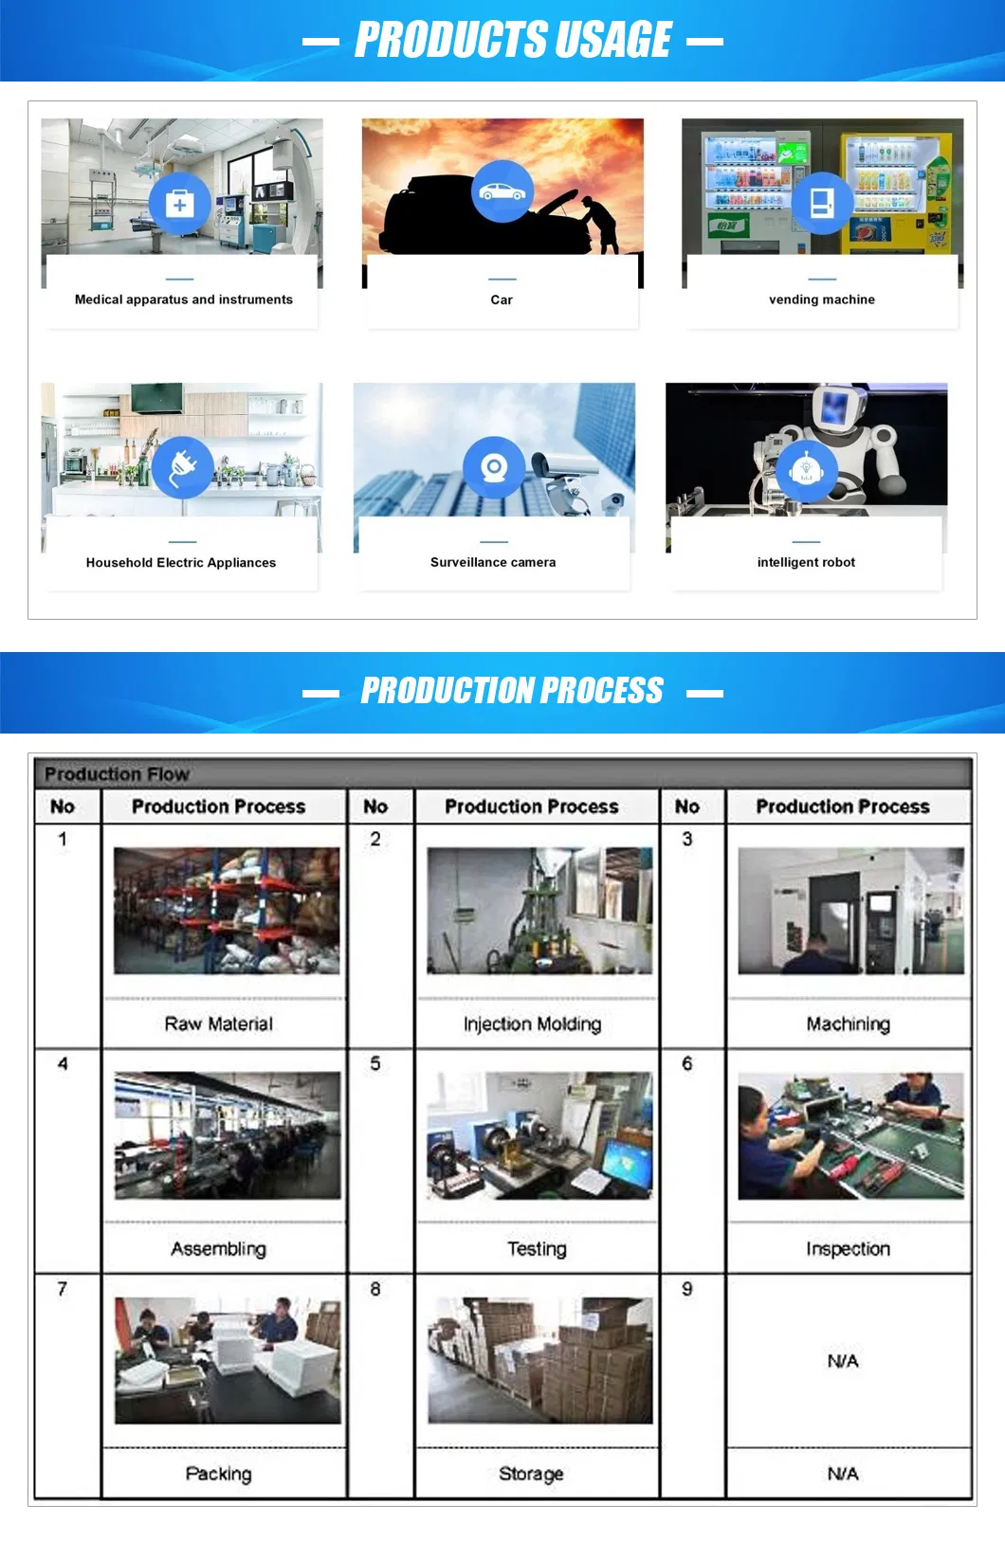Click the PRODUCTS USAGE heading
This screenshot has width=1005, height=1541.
(513, 41)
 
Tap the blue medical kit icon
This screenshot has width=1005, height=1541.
(179, 203)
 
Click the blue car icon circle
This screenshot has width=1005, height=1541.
(502, 191)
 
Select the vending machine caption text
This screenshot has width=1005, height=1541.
(822, 299)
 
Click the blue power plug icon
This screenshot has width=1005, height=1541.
(182, 467)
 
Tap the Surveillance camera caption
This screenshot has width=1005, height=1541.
(493, 562)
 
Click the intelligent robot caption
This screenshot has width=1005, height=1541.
(806, 562)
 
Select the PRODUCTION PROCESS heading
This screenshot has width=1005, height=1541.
(512, 692)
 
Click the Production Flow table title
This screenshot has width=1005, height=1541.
(118, 774)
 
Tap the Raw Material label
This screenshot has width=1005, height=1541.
(219, 1024)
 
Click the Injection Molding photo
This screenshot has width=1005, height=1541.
(539, 911)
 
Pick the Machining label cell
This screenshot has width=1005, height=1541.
(848, 1024)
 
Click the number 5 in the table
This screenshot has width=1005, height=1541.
(375, 1063)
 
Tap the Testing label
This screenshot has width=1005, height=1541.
(537, 1249)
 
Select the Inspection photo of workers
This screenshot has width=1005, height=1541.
(850, 1135)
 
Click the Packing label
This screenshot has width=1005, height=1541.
(219, 1474)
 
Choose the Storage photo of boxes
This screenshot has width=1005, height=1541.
(539, 1360)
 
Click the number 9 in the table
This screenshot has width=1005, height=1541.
(687, 1289)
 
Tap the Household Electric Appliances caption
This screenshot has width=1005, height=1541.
(181, 562)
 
